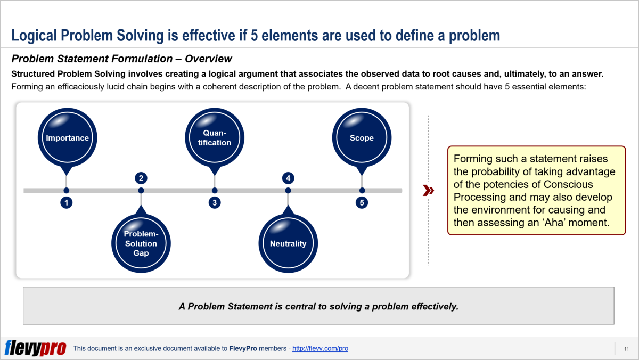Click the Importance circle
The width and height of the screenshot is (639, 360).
point(67,138)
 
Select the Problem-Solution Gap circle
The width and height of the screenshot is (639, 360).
point(141,243)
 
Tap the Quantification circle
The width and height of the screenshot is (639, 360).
point(214,138)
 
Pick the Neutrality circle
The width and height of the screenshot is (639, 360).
point(288,243)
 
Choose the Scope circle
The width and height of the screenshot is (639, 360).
point(362,138)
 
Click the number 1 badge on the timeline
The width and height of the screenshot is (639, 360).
point(66,203)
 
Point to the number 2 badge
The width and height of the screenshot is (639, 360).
point(141,178)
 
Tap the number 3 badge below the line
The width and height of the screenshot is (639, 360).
point(214,203)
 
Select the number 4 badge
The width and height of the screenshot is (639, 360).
point(288,178)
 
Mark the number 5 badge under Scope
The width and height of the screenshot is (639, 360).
point(362,203)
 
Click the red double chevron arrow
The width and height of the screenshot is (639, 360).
point(428,191)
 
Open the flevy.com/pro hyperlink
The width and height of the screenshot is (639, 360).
point(320,349)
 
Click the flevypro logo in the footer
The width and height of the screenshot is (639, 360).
point(35,348)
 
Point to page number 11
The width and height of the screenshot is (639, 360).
point(626,349)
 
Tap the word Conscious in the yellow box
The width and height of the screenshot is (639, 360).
point(569,184)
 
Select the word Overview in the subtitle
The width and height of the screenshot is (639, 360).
point(208,59)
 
